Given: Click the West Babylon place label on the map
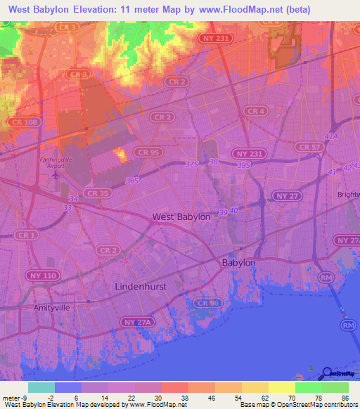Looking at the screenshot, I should [181, 217].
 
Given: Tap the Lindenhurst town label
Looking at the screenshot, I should [143, 287].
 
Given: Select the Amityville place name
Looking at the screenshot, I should [53, 308].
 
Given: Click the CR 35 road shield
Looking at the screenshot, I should [96, 193].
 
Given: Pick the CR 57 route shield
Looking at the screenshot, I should [309, 147].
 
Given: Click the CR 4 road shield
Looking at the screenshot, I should [256, 111].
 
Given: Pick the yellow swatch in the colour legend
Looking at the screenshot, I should [281, 387].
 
